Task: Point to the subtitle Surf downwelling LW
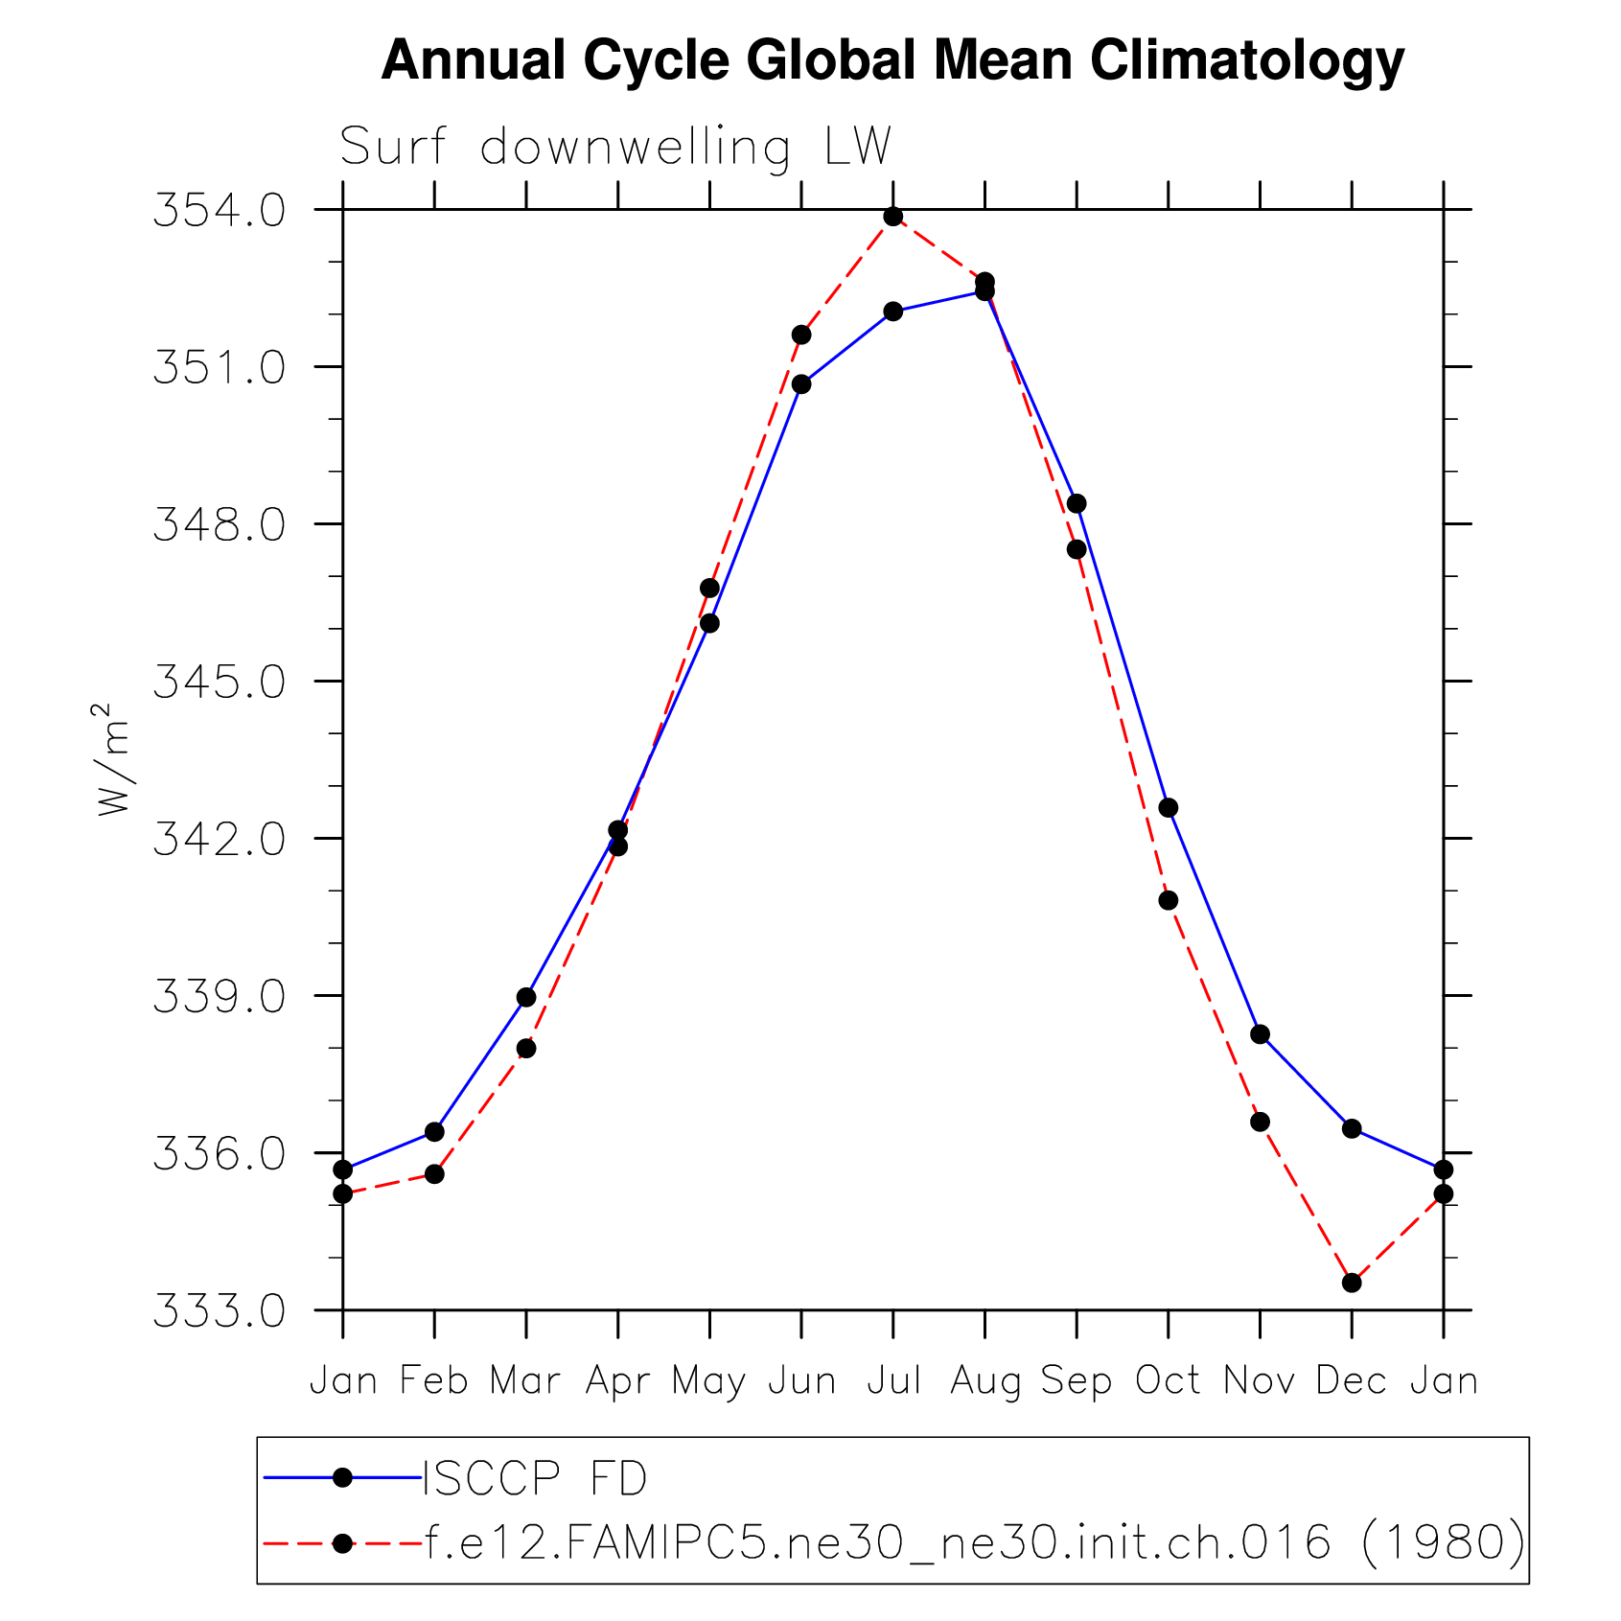(x=615, y=147)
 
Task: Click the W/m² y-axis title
(x=112, y=759)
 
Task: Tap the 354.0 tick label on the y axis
(x=220, y=211)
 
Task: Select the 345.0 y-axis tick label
(x=220, y=683)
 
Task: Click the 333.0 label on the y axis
(x=220, y=1311)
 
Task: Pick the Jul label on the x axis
(x=893, y=1381)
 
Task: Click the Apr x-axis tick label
(x=617, y=1381)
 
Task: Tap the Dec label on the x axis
(x=1351, y=1381)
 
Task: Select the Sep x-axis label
(x=1077, y=1381)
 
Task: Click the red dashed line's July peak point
(x=893, y=217)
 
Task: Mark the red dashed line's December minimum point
(x=1352, y=1283)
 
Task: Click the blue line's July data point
(x=893, y=312)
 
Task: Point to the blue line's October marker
(x=1169, y=808)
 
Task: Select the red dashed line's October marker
(x=1169, y=900)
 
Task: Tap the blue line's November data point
(x=1261, y=1034)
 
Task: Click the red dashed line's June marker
(x=801, y=335)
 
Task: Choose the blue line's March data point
(x=526, y=998)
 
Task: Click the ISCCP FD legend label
(x=535, y=1478)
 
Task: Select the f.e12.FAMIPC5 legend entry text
(x=974, y=1542)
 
